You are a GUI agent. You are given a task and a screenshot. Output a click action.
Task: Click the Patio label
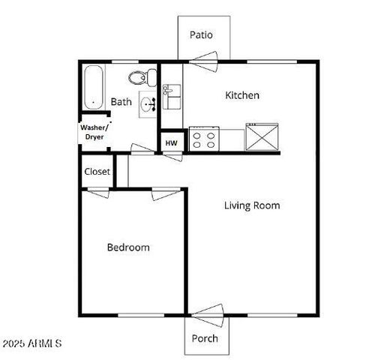(x=201, y=34)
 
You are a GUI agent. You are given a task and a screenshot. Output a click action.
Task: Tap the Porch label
(x=204, y=338)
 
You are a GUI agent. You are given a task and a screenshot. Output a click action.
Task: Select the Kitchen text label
(x=242, y=95)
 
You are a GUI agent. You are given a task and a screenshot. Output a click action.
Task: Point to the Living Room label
(x=252, y=205)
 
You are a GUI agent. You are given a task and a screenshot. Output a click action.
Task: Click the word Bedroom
(x=127, y=247)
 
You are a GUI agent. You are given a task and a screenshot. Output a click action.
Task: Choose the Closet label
(x=97, y=172)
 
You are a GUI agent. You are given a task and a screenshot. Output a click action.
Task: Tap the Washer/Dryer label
(x=94, y=132)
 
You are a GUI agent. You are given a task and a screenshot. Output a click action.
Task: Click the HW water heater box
(x=171, y=142)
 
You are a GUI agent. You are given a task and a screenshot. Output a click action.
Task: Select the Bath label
(x=121, y=101)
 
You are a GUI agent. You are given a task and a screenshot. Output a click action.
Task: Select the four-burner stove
(x=203, y=139)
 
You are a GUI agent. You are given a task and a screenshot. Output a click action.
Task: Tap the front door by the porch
(x=208, y=313)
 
